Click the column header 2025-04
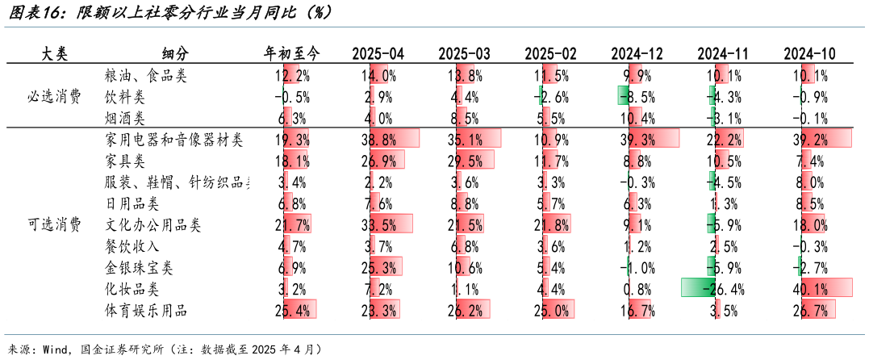[378, 54]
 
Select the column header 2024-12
[637, 54]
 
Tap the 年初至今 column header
[292, 54]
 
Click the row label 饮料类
[125, 97]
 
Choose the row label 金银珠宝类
[139, 267]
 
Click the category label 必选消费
[54, 97]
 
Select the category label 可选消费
[54, 224]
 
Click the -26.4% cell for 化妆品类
[723, 288]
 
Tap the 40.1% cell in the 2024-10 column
[809, 288]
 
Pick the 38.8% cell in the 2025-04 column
[378, 140]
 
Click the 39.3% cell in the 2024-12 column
[637, 140]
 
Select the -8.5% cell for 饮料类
[637, 97]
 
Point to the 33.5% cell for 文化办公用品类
[378, 224]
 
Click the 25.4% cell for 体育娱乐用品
[292, 310]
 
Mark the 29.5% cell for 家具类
[464, 161]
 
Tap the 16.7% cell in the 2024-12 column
[637, 310]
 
